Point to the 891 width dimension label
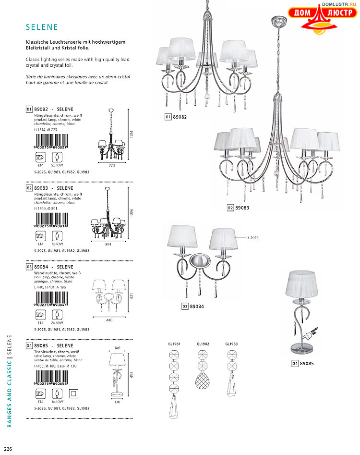coord(111,244)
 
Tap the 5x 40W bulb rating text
coord(57,165)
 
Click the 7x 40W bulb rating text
coord(57,244)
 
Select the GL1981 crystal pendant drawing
coord(174,384)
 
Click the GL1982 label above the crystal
coord(203,344)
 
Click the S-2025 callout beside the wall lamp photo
coord(253,238)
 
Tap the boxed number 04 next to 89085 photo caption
coord(295,363)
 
